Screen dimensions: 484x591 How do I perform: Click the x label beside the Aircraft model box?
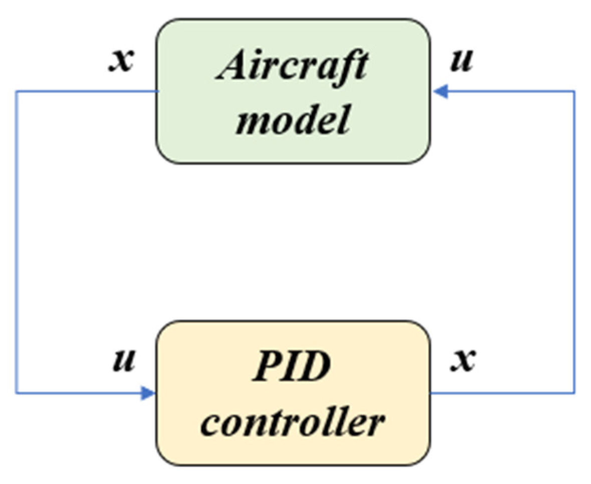pyautogui.click(x=122, y=61)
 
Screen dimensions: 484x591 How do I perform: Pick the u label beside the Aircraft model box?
pyautogui.click(x=460, y=61)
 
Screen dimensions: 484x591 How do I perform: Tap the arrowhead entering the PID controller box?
pyautogui.click(x=148, y=393)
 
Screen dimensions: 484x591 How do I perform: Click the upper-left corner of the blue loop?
pyautogui.click(x=17, y=91)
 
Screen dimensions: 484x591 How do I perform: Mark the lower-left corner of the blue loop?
pyautogui.click(x=17, y=393)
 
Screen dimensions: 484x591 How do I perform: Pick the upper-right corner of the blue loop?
pyautogui.click(x=574, y=91)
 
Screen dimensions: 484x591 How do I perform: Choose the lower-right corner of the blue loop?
pyautogui.click(x=574, y=393)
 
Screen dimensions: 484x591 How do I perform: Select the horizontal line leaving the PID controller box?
pyautogui.click(x=501, y=393)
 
